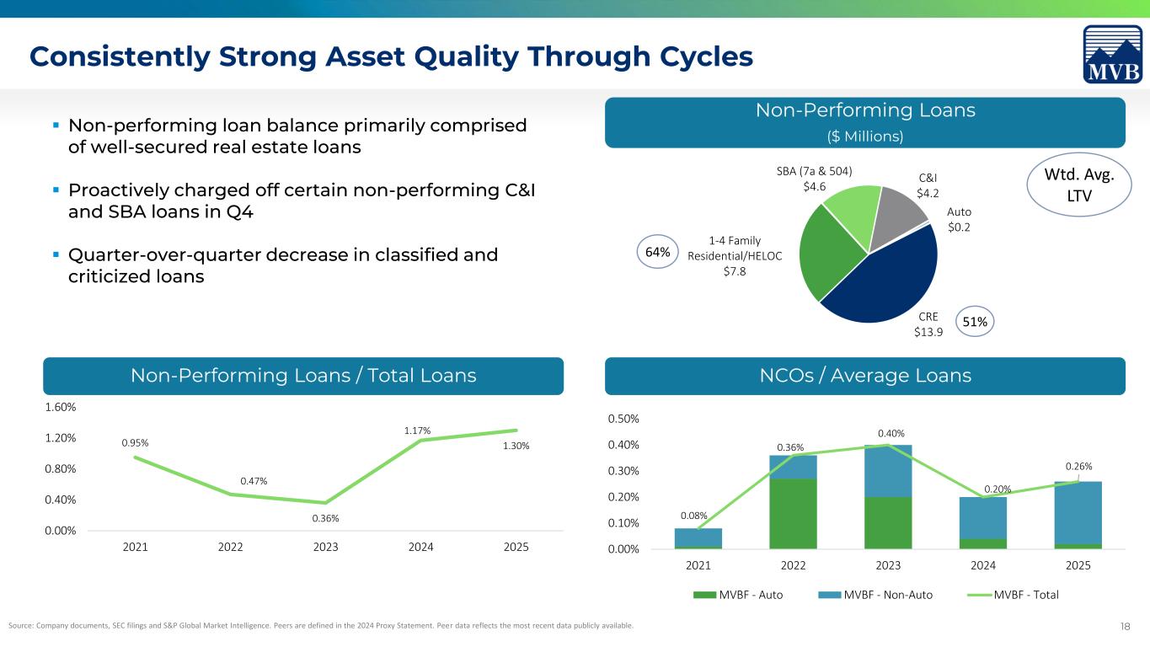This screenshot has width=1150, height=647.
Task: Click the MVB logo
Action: pos(1113,55)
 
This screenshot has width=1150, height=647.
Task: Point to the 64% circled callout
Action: pos(658,252)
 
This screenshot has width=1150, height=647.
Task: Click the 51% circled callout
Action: pos(975,322)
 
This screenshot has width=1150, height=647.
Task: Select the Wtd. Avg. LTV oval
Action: pos(1079,184)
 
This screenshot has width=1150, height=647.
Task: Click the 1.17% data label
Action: pos(417,430)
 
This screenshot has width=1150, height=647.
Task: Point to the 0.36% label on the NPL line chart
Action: pos(325,518)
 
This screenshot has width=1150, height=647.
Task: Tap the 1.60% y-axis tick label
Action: pos(60,407)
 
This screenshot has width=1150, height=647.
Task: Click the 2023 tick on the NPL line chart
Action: pos(325,547)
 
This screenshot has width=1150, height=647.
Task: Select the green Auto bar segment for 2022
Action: pos(793,514)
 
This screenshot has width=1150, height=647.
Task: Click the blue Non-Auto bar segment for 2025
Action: pos(1078,512)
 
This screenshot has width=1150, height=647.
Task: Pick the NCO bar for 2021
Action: pos(698,538)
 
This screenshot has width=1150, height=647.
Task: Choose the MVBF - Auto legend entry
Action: pos(738,595)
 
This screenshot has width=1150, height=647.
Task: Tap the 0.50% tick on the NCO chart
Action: pos(623,419)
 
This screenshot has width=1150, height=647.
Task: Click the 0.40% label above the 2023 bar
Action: pos(891,433)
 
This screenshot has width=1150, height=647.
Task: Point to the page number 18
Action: pos(1125,626)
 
